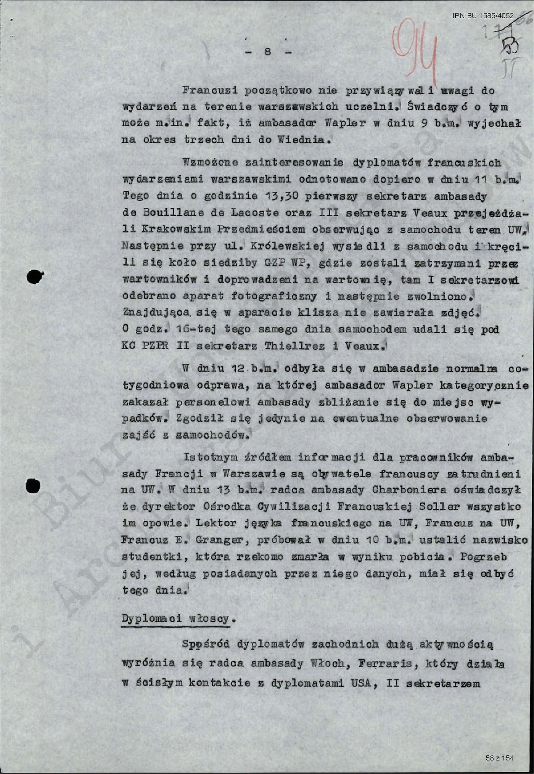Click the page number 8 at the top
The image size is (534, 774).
pyautogui.click(x=267, y=51)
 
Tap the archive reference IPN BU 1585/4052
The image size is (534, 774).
pyautogui.click(x=483, y=16)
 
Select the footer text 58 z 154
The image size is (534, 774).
pyautogui.click(x=500, y=757)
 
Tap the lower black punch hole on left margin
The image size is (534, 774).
pyautogui.click(x=34, y=486)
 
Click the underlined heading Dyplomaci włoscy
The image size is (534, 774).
pyautogui.click(x=176, y=618)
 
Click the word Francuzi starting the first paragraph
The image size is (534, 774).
pyautogui.click(x=210, y=91)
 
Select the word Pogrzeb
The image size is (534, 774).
pyautogui.click(x=483, y=557)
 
